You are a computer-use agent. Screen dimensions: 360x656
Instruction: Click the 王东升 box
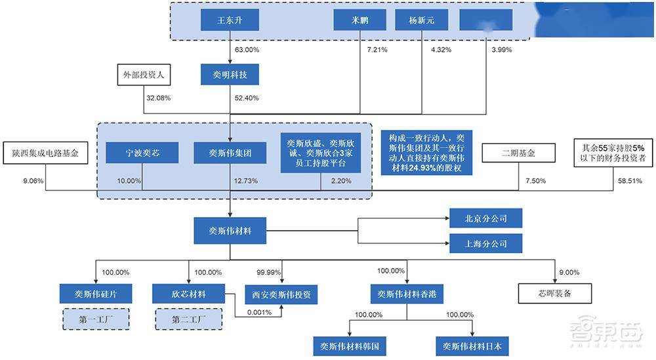pyautogui.click(x=230, y=20)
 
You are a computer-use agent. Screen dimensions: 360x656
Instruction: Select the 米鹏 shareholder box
pyautogui.click(x=359, y=20)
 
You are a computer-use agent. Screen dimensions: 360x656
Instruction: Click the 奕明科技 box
pyautogui.click(x=230, y=75)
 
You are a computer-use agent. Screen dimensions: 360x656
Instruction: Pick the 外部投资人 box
pyautogui.click(x=144, y=75)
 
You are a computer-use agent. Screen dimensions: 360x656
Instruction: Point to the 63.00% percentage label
pyautogui.click(x=247, y=49)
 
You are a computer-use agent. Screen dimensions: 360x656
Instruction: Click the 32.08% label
pyautogui.click(x=158, y=98)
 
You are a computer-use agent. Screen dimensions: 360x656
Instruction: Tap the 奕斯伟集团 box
pyautogui.click(x=230, y=153)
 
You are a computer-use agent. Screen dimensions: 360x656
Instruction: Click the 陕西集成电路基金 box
pyautogui.click(x=45, y=153)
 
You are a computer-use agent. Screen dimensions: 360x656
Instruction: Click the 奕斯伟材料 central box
pyautogui.click(x=230, y=231)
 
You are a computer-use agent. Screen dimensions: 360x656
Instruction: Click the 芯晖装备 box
pyautogui.click(x=555, y=293)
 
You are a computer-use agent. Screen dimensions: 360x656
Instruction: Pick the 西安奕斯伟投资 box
pyautogui.click(x=281, y=294)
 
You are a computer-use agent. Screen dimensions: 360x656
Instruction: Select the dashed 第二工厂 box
pyautogui.click(x=188, y=319)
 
